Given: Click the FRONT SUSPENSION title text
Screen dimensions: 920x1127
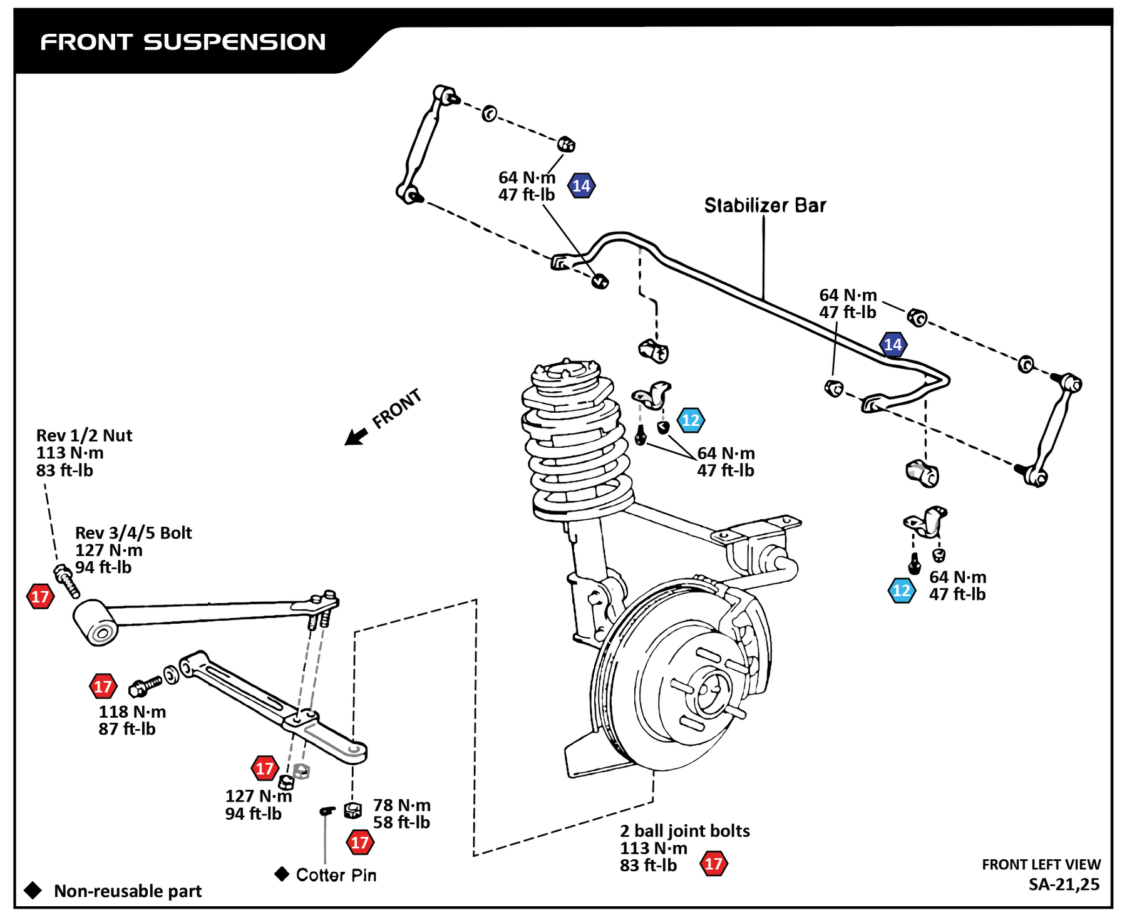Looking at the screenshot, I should pos(183,42).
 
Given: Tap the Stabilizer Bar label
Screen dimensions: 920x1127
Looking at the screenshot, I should pos(764,205).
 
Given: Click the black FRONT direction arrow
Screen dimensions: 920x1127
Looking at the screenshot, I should pos(356,436).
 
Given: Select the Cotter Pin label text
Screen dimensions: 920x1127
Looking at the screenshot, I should pos(336,875).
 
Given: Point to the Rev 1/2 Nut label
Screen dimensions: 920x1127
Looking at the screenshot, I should pos(85,435).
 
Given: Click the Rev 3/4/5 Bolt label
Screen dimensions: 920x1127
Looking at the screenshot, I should pos(133,532).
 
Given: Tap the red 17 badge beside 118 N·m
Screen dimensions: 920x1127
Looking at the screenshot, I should pos(103,686).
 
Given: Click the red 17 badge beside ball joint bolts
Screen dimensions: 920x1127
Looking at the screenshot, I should pos(714,864).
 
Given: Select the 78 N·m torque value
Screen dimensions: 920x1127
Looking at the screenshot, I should pos(402,805).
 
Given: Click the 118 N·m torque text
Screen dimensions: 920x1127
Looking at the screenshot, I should pos(132,711).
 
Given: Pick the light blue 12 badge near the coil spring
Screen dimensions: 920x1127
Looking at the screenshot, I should pos(691,420).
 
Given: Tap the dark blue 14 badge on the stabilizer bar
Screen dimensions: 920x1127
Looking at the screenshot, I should pos(892,344).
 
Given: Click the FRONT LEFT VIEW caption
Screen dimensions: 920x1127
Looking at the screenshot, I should pos(1041,864).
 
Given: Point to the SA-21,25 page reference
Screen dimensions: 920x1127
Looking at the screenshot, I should pos(1063,884).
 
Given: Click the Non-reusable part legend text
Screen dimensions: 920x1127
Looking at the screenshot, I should pos(128,891).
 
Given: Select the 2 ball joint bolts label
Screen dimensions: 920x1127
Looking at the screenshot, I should pos(684,830).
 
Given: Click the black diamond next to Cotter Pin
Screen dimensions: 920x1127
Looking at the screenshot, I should pos(282,874).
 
